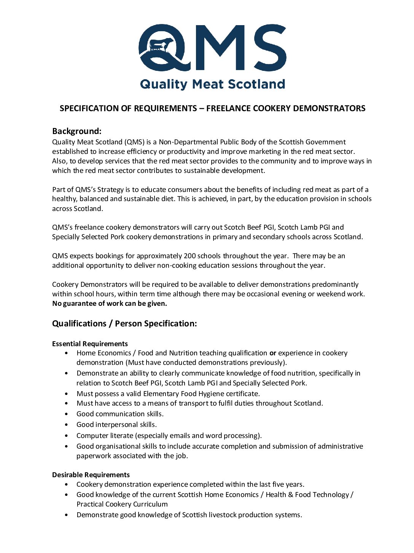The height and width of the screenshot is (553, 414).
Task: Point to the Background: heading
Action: [x=77, y=131]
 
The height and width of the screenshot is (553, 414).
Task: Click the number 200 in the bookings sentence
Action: [x=189, y=256]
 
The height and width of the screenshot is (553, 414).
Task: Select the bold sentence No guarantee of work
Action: [x=110, y=304]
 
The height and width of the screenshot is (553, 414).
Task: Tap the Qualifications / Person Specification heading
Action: [x=124, y=324]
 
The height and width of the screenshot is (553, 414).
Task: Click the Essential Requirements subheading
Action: [x=90, y=344]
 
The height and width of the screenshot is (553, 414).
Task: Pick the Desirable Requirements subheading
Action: [x=91, y=475]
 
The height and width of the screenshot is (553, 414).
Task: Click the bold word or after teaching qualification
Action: [x=272, y=353]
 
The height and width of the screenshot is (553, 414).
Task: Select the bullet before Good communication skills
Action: [x=67, y=414]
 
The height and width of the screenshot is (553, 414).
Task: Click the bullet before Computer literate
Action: [x=67, y=436]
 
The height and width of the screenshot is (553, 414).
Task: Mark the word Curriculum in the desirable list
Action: [x=150, y=504]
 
